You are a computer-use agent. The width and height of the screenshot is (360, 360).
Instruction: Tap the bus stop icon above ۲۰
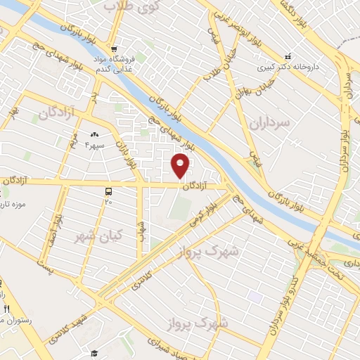tap(108, 191)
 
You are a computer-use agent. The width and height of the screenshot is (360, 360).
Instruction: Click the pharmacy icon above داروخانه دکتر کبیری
tap(286, 56)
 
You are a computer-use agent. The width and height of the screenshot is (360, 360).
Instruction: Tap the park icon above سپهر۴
tap(94, 134)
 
